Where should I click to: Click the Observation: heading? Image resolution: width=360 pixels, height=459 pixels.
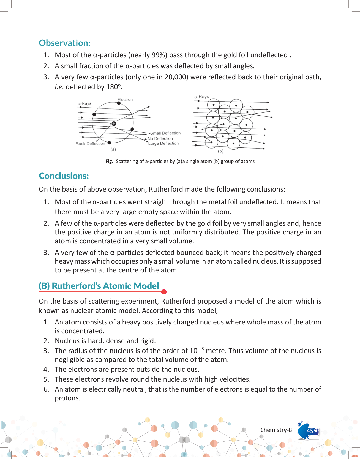(x=64, y=43)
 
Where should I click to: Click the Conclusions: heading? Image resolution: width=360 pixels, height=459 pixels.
(x=64, y=176)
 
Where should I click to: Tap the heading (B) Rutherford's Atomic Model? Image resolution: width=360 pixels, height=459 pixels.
(x=99, y=286)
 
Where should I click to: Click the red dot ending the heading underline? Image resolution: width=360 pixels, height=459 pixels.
(x=164, y=292)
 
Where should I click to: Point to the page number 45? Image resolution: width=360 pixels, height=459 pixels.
(x=310, y=431)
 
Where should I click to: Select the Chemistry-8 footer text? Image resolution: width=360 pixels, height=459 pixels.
(x=276, y=430)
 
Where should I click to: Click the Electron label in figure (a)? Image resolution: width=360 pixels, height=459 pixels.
(x=125, y=100)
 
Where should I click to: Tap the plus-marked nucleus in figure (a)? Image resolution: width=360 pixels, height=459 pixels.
(x=114, y=124)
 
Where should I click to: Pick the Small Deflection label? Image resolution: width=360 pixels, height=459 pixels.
(x=165, y=133)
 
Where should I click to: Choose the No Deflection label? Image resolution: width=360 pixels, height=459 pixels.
(x=160, y=139)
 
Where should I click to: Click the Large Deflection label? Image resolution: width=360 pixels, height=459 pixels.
(x=163, y=143)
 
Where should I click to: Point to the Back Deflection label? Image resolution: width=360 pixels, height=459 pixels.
(x=91, y=144)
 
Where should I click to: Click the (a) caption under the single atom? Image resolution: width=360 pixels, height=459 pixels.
(x=113, y=149)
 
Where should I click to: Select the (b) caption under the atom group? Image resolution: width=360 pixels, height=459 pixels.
(x=220, y=151)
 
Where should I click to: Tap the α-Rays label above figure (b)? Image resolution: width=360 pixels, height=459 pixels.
(x=201, y=97)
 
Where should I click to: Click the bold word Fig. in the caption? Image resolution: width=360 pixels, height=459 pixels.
(x=109, y=161)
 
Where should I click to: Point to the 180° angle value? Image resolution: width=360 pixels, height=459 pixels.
(x=114, y=87)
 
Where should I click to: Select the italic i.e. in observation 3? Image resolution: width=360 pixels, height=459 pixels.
(x=59, y=87)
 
